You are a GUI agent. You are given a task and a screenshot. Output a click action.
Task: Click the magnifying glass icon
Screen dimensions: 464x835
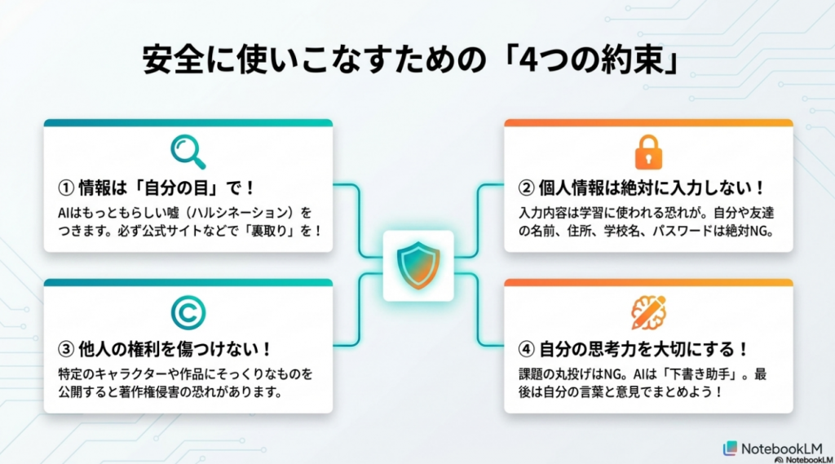coord(188,151)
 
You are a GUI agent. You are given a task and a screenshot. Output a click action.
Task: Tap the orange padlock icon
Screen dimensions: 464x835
coord(648,152)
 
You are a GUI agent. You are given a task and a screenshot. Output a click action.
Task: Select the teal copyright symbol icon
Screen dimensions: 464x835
coord(188,312)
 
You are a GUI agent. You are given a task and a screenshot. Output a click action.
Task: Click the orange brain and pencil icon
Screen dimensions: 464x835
coord(648,312)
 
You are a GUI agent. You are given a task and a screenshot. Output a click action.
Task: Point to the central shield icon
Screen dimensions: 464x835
coord(417,266)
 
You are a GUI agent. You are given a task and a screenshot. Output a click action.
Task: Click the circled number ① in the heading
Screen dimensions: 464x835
coord(65,188)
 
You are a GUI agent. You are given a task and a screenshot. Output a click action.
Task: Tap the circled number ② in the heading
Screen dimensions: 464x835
coord(527,188)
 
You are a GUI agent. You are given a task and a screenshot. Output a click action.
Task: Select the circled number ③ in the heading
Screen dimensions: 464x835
coord(65,349)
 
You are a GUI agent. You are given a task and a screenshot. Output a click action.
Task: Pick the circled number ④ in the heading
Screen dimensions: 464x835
coord(527,349)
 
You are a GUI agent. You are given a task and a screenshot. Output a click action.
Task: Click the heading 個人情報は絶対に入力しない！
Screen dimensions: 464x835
coord(652,188)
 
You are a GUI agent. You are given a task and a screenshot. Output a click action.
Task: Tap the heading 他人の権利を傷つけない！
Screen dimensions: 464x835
coord(175,349)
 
